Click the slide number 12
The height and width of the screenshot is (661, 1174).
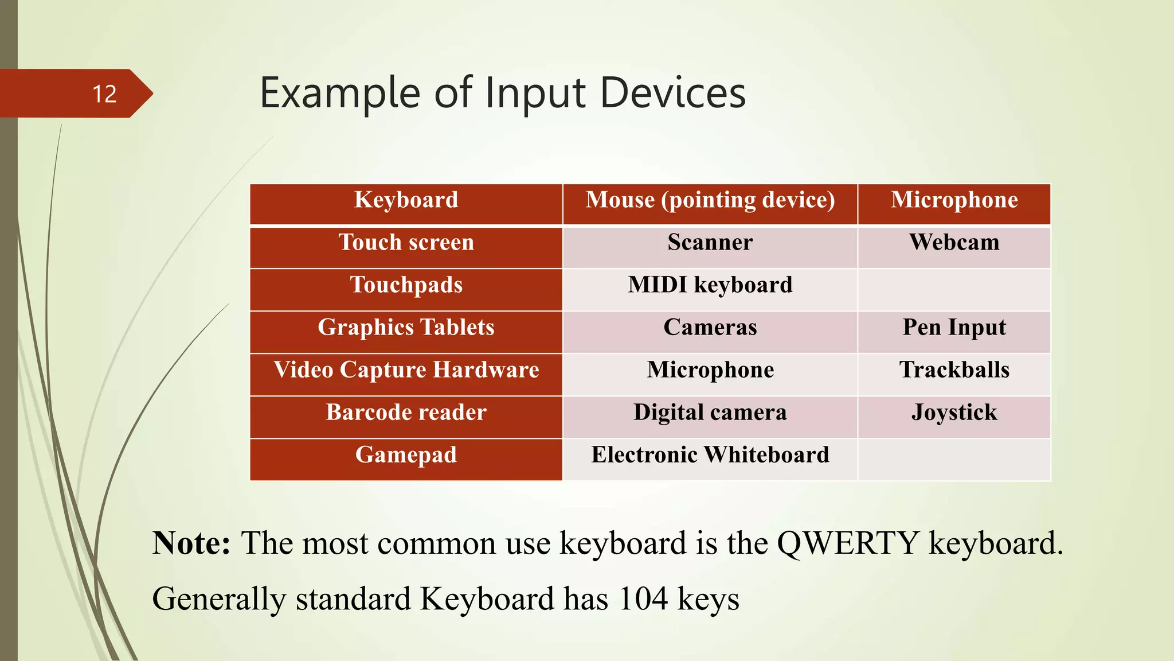coord(104,94)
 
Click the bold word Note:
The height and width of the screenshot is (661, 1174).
coord(191,543)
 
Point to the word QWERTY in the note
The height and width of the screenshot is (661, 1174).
coord(848,543)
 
